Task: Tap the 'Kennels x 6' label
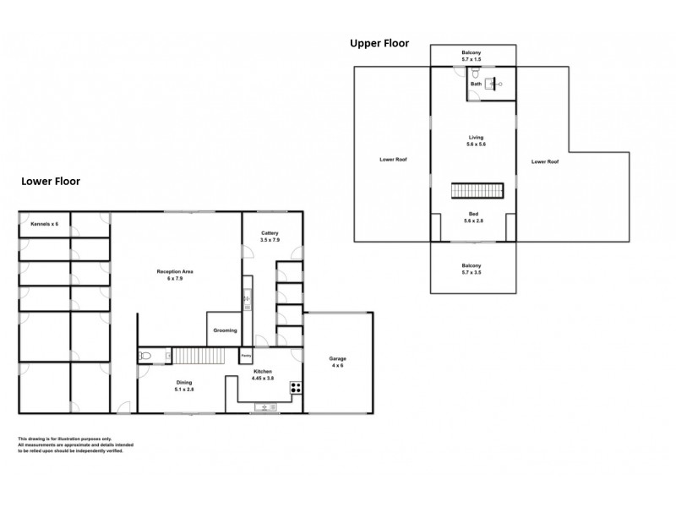(43, 223)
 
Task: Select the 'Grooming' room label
(225, 330)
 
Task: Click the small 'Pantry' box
(246, 355)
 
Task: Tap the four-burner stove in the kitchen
(297, 389)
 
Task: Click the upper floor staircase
(476, 192)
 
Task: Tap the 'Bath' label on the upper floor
(476, 84)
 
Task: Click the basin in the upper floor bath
(499, 84)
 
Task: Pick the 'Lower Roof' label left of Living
(394, 159)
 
